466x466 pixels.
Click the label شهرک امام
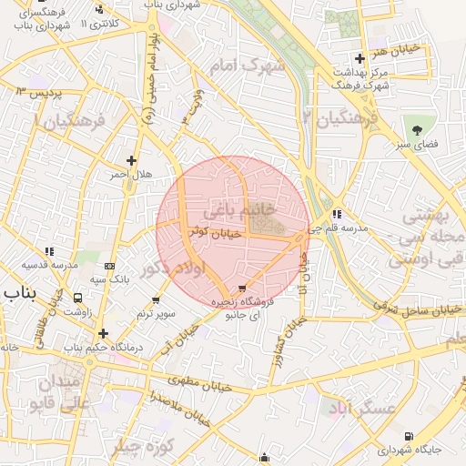click(x=247, y=66)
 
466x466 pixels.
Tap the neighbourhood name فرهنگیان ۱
click(x=68, y=119)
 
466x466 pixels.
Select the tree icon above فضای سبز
click(x=419, y=129)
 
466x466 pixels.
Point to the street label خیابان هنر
click(x=398, y=47)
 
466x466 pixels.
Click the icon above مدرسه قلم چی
click(x=337, y=214)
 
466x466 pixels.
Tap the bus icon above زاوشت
click(x=78, y=297)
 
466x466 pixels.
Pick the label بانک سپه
click(x=107, y=279)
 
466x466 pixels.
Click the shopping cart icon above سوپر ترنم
click(x=156, y=299)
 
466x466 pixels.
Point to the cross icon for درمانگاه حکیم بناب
click(x=103, y=333)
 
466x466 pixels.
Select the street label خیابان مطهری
click(x=200, y=382)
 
